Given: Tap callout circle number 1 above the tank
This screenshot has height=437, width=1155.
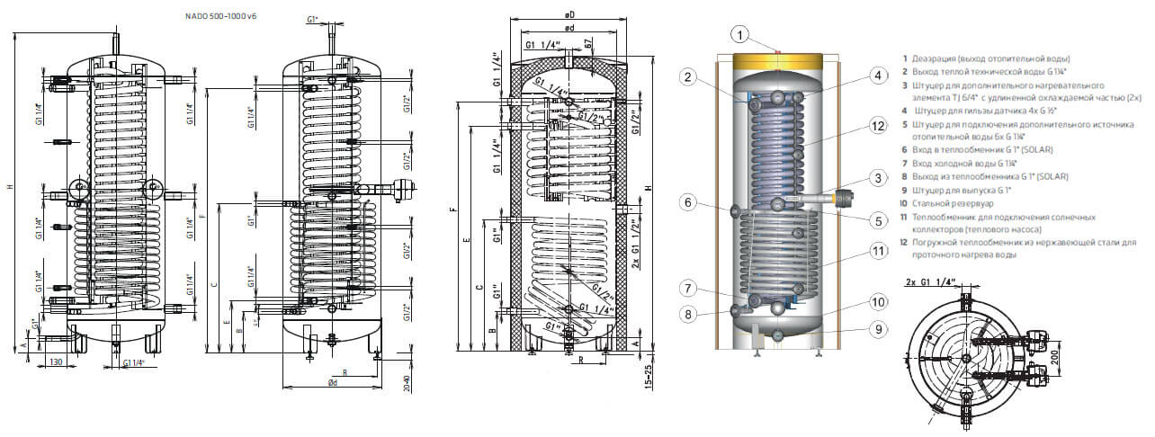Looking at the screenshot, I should (738, 35).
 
